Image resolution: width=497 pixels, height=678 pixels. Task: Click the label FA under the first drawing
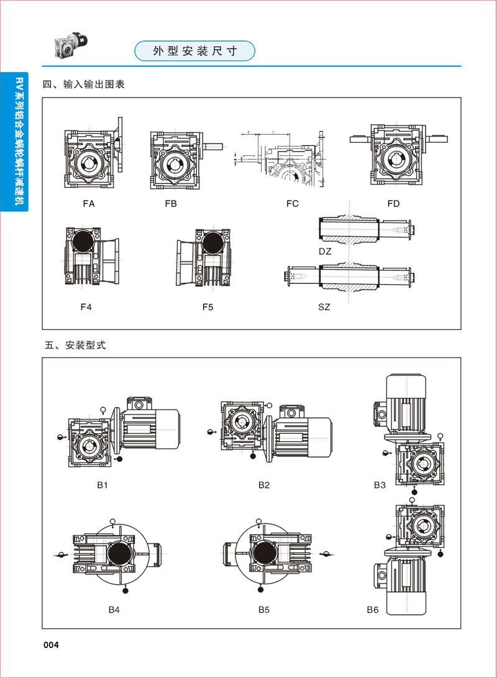click(x=88, y=203)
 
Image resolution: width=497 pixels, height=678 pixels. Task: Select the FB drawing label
click(x=171, y=203)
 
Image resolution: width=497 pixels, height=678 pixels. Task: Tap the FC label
click(x=293, y=203)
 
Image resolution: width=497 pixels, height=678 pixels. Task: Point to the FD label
click(x=393, y=203)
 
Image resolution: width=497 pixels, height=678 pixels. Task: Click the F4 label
click(x=86, y=307)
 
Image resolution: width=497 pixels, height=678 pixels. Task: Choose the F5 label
click(x=207, y=307)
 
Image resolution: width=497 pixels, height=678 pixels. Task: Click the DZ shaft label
click(x=324, y=250)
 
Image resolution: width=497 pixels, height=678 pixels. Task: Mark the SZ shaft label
click(x=324, y=307)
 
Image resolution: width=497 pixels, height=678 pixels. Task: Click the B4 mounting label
click(x=114, y=610)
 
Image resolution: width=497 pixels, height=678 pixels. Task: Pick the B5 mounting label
click(x=264, y=610)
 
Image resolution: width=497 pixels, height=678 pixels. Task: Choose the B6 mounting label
click(x=372, y=610)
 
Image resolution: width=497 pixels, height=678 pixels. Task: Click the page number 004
click(x=50, y=645)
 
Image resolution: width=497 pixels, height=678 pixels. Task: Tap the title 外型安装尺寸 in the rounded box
click(x=194, y=51)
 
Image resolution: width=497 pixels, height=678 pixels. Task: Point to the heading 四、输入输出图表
click(x=84, y=84)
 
